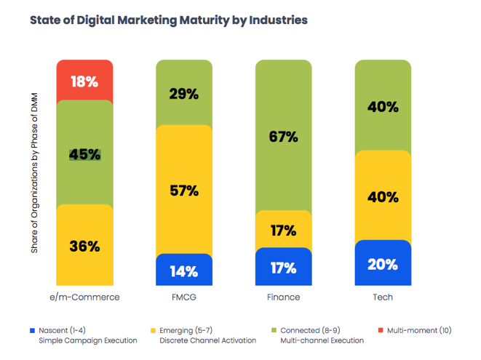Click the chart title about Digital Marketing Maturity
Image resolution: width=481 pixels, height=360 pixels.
(168, 20)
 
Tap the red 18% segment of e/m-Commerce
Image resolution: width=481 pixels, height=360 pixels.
(84, 81)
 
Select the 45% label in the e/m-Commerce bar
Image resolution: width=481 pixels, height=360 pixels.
(84, 154)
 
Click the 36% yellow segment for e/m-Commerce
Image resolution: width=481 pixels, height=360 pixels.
(84, 246)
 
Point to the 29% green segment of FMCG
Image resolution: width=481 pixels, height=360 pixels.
(184, 93)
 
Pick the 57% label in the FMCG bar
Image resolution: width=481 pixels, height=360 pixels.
(184, 191)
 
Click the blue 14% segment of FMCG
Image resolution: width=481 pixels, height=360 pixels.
(184, 271)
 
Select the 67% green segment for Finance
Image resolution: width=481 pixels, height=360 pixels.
(284, 136)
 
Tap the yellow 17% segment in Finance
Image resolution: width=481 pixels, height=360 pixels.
(284, 231)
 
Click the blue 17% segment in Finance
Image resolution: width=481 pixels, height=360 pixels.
(284, 268)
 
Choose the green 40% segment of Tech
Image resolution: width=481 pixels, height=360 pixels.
(383, 106)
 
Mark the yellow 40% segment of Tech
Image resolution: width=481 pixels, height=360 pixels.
(383, 196)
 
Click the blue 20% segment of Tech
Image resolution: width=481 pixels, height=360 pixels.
(383, 263)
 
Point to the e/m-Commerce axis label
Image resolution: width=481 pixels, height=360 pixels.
(84, 297)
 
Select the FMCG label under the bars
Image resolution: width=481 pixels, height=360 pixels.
(184, 297)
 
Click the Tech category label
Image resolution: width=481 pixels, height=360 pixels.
(383, 297)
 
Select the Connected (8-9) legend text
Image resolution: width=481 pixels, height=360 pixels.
(310, 330)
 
